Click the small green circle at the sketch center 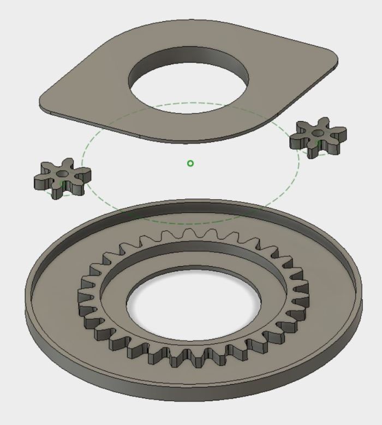190,163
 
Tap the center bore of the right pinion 318,131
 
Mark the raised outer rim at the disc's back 191,203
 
